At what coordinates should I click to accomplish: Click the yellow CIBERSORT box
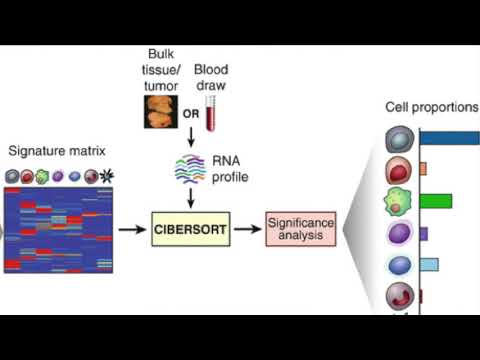point(190,230)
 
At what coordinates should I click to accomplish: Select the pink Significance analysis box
point(299,230)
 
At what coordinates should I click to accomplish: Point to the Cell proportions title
point(432,107)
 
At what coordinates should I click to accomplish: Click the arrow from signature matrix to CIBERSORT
point(130,230)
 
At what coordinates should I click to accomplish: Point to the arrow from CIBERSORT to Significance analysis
point(246,230)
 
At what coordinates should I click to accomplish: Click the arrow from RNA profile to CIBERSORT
point(190,198)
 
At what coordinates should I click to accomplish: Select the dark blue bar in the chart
point(449,137)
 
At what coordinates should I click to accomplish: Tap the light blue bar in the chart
point(428,265)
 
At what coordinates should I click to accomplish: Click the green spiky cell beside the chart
point(399,201)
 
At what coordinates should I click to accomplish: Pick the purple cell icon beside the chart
point(399,234)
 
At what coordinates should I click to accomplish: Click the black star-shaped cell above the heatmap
point(105,177)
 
